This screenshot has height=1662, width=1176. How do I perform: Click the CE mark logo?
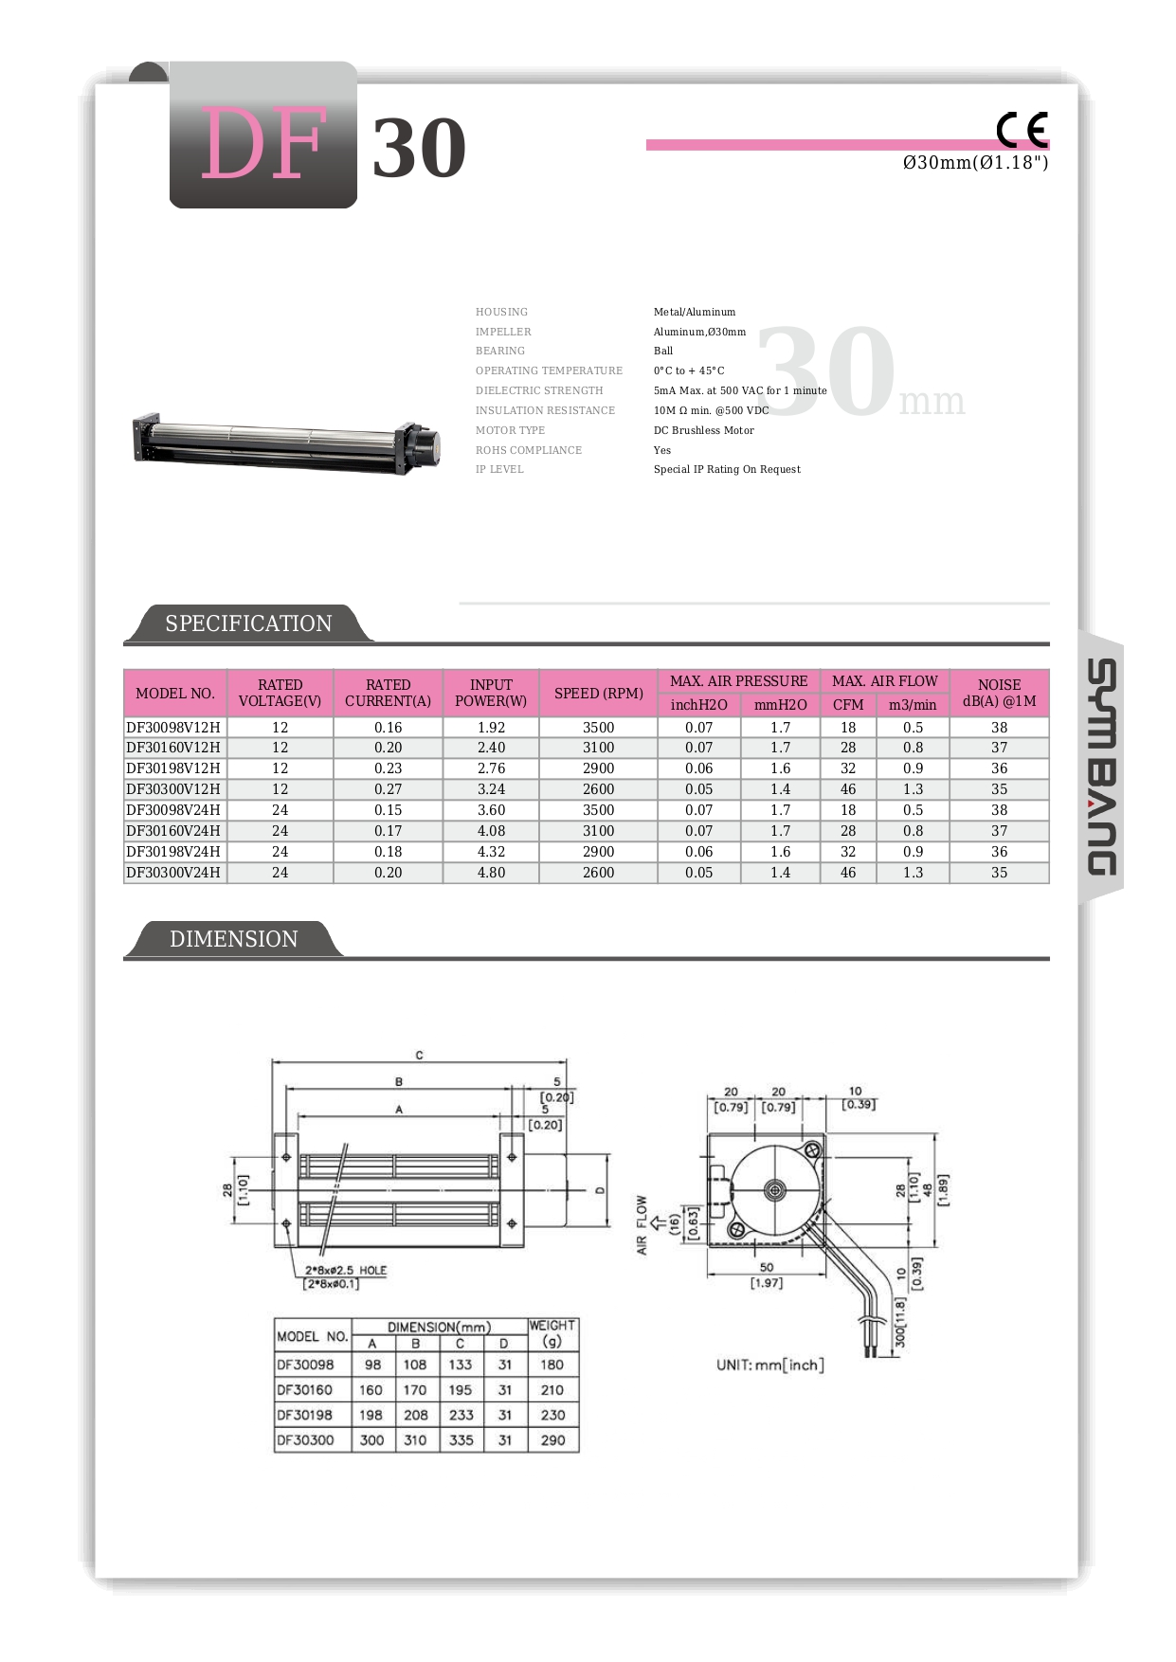1022,129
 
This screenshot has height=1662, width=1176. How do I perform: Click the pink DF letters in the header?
263,144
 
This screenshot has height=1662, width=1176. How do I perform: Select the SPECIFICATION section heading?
248,623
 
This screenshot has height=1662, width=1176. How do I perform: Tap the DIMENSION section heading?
233,939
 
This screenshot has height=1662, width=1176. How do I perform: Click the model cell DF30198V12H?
173,768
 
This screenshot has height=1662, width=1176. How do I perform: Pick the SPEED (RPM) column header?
598,693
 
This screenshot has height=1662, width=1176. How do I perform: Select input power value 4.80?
491,873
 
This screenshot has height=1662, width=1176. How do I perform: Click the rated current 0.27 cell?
388,789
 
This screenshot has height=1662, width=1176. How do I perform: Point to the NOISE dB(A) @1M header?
999,693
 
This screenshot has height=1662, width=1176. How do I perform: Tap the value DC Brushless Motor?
703,430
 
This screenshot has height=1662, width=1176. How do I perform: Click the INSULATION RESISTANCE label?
545,410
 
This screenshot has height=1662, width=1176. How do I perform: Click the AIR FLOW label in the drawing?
642,1224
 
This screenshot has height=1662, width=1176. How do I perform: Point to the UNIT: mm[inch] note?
769,1364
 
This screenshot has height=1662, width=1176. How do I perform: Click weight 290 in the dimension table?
552,1440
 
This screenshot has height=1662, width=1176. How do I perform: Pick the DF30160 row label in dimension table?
305,1390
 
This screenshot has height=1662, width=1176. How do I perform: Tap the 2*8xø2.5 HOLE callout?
346,1271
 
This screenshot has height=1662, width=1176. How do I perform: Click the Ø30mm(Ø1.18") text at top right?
975,163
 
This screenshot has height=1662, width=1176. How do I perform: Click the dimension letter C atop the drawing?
419,1055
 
